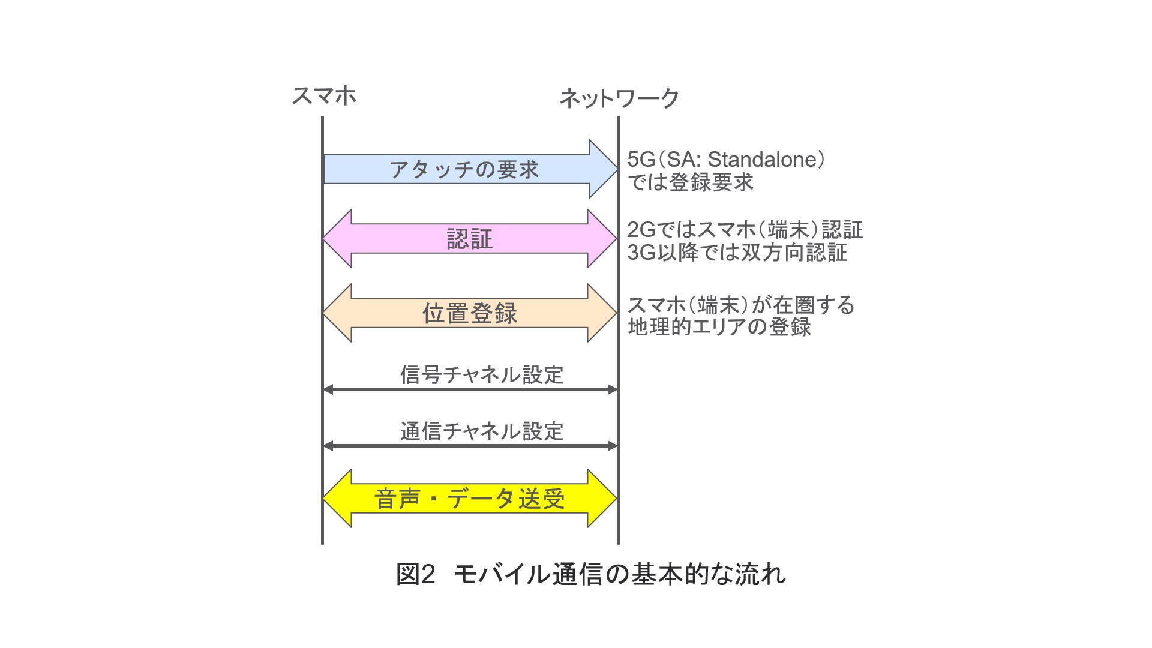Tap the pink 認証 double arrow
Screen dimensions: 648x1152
469,239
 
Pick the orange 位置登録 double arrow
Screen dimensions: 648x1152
469,313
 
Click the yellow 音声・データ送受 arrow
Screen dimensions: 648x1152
469,499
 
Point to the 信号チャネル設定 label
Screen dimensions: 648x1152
482,374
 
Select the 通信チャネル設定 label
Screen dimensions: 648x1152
482,431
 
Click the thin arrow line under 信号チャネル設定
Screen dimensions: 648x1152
470,389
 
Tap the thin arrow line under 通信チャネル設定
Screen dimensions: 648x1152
470,446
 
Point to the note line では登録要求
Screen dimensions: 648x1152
690,182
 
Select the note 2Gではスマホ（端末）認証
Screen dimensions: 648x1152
745,230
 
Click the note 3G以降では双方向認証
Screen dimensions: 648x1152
737,253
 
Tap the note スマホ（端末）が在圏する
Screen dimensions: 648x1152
740,305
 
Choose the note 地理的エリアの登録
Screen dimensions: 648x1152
719,328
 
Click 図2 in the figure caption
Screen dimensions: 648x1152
415,574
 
